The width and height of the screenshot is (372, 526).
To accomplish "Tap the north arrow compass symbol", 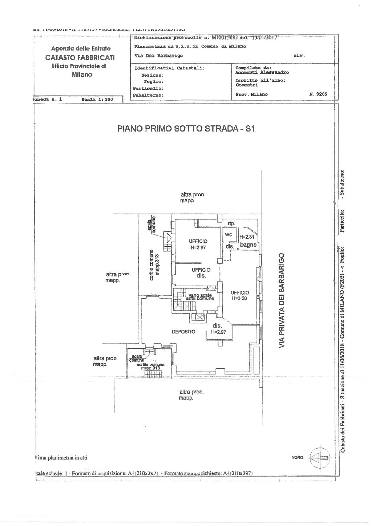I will (319, 457).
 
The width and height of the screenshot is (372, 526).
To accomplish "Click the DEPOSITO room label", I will (183, 332).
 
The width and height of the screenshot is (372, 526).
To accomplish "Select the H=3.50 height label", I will (239, 299).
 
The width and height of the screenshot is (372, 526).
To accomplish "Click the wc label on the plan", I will (228, 235).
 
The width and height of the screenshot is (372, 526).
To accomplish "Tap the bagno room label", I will (248, 245).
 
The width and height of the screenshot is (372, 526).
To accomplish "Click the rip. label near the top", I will (231, 223).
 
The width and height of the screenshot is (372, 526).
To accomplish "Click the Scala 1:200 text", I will (97, 99).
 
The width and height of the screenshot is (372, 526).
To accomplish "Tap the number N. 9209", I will (318, 94).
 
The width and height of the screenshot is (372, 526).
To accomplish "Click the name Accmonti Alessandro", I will (262, 72).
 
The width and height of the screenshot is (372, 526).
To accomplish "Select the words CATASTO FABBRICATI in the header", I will (80, 57).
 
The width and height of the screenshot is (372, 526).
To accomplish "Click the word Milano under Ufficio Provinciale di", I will (82, 74).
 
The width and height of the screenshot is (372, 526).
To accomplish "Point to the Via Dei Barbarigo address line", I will (158, 56).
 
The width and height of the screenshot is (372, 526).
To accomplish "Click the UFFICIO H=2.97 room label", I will (198, 244).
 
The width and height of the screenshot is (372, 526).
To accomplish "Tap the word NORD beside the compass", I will (297, 457).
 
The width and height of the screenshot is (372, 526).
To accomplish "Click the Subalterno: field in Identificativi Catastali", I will (149, 95).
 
